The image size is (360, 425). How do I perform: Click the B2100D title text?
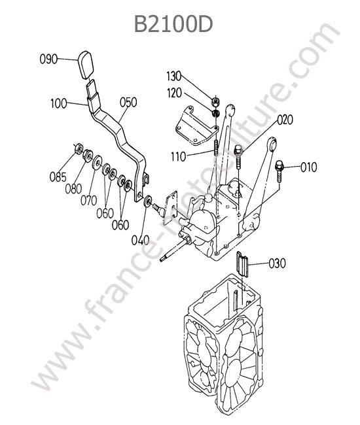coord(173,24)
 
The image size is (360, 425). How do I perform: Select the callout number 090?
coord(48,59)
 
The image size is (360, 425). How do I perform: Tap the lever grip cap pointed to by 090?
coord(86,65)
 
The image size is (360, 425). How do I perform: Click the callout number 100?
coord(59,103)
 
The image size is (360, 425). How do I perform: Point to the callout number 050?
coord(128,103)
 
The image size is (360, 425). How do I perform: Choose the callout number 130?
coord(174,76)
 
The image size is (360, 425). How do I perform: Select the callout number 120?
coord(174,93)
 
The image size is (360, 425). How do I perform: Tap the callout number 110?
coord(179,157)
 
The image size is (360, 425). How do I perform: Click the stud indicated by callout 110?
coord(216,148)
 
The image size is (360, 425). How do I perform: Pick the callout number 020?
coord(285,120)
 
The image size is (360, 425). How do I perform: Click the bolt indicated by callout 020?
coord(238,156)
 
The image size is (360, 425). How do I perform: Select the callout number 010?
coord(309,167)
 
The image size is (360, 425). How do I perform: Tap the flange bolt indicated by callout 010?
coord(279,170)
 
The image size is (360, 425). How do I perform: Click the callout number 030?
coord(278,263)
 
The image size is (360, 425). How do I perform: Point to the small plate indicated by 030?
coord(243,263)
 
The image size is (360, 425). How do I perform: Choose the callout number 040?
coord(141,240)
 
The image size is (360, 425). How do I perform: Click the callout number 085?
coord(58,177)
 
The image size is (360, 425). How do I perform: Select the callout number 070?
coord(89,201)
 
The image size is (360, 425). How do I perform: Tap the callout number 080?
coord(73,189)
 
